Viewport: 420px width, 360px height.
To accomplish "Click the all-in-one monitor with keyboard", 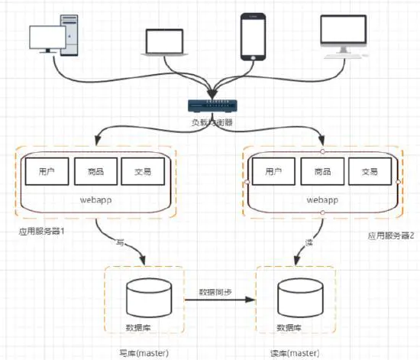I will (343, 36).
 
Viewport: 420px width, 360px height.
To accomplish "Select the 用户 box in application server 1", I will (47, 172).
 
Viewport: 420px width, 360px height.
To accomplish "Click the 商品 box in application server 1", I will (95, 172).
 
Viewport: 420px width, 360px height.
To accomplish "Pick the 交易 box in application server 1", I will (142, 172).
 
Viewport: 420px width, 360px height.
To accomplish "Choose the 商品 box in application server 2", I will (321, 172).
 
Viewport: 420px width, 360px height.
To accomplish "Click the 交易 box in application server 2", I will (370, 172).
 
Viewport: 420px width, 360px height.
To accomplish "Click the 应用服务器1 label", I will (40, 231).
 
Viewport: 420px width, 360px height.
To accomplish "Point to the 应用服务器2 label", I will (390, 237).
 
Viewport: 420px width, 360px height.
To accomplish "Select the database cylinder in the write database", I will (144, 298).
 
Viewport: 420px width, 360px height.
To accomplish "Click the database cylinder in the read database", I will (295, 298).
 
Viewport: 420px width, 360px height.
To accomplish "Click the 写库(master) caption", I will (143, 352).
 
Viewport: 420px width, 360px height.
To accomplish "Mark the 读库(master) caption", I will (295, 352).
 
